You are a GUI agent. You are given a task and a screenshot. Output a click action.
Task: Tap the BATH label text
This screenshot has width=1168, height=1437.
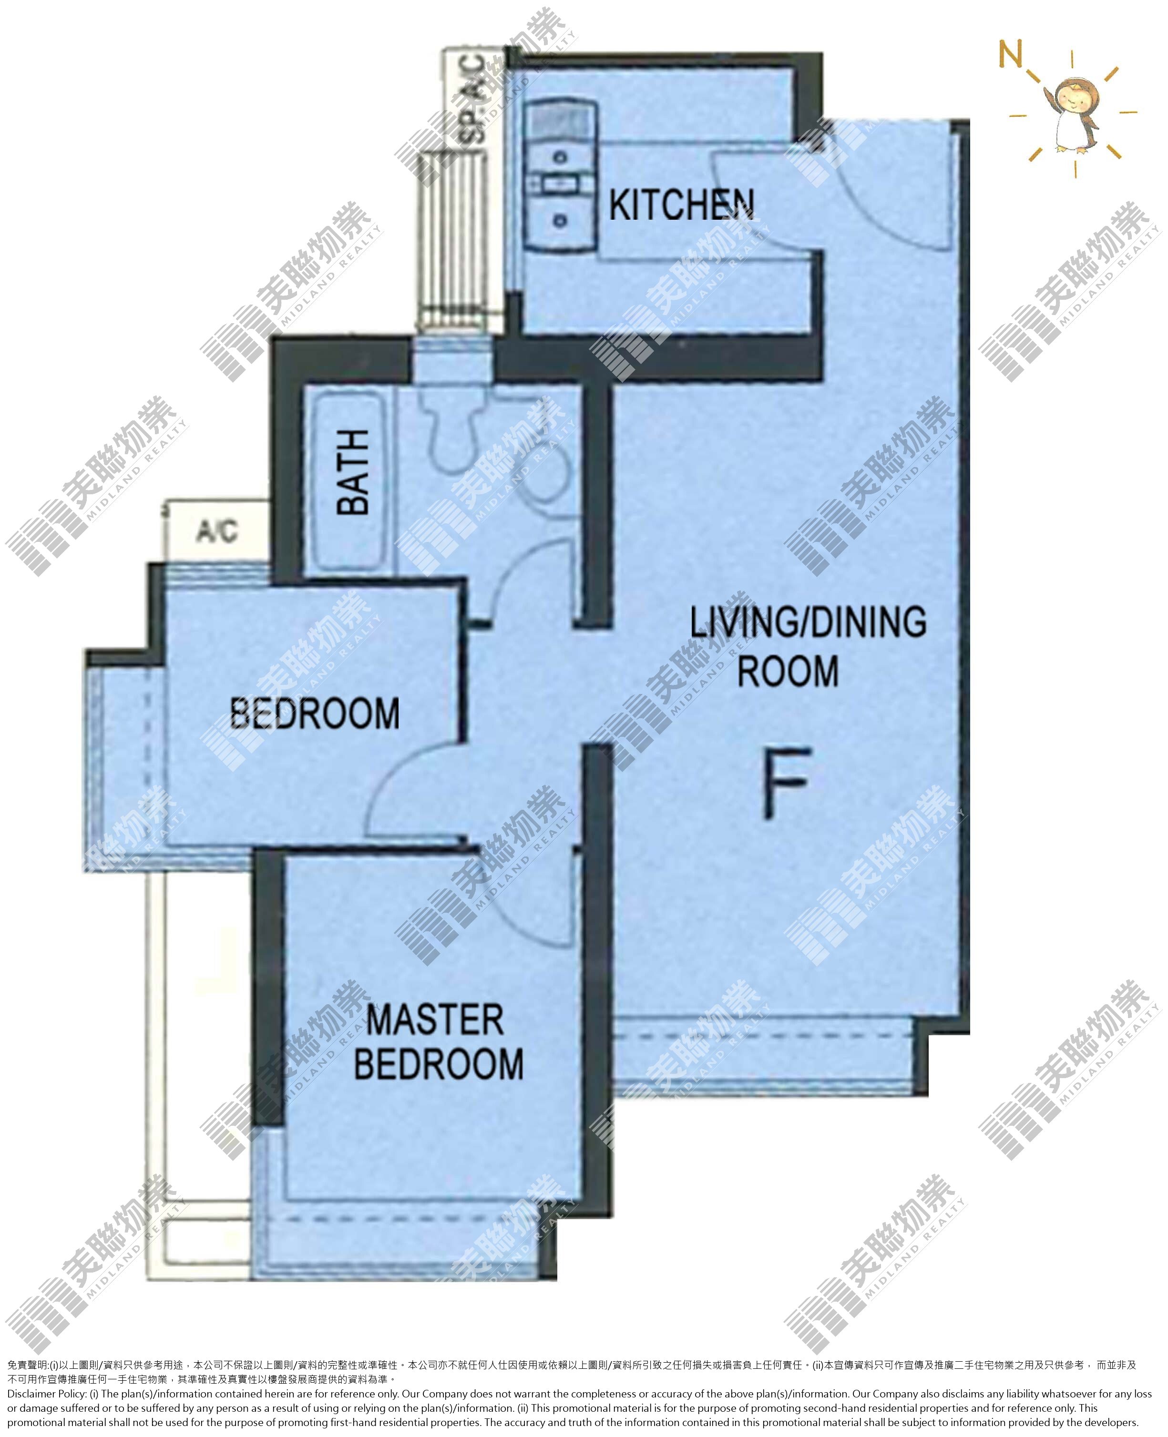click(353, 472)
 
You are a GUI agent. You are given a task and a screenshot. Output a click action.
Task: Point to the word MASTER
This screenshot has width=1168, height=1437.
click(435, 1020)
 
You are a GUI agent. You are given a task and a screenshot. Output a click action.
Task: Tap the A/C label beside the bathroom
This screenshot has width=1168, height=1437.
click(216, 531)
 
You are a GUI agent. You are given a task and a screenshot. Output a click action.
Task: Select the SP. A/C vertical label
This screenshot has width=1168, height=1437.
click(471, 99)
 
